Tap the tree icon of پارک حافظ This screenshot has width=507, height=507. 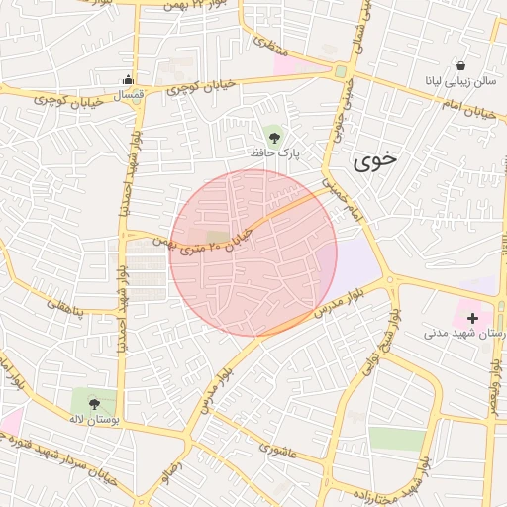pos(273,134)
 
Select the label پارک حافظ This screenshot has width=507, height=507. pos(273,153)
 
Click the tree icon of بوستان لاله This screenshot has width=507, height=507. pos(93,403)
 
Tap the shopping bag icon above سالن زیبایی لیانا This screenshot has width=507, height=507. pos(460,62)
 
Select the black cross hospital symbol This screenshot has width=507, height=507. pos(472,319)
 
